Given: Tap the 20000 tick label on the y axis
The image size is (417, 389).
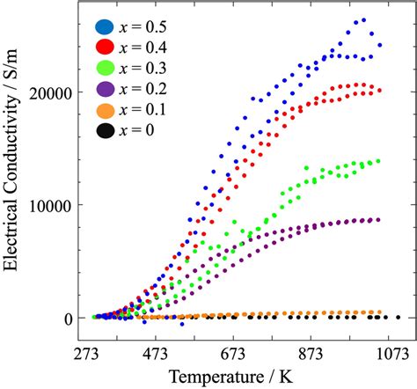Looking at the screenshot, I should click(x=55, y=92).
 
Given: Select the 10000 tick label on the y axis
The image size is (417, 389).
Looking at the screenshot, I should click(x=55, y=204).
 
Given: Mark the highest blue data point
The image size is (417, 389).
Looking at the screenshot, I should click(x=363, y=19).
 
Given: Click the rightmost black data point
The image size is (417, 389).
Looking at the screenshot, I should click(x=398, y=317).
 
